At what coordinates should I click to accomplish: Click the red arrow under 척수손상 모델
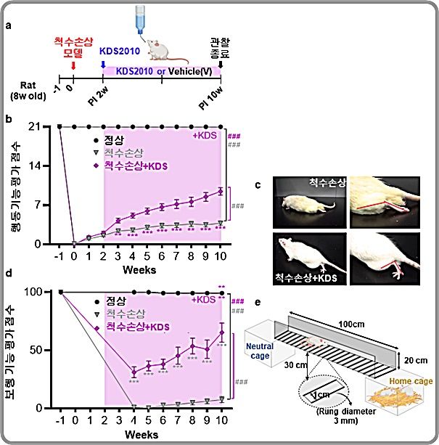pos(73,67)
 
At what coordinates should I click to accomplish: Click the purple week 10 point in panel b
pos(221,191)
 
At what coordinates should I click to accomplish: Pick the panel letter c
pos(258,184)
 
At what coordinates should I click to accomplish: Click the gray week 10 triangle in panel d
pos(221,399)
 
